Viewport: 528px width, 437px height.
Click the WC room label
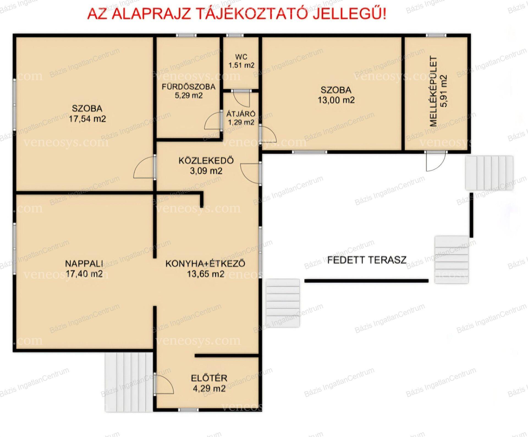pyautogui.click(x=241, y=57)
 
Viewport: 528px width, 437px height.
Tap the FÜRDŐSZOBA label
pyautogui.click(x=188, y=87)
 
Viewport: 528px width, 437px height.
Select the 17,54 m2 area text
pyautogui.click(x=87, y=119)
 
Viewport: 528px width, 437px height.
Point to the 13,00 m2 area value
pyautogui.click(x=336, y=100)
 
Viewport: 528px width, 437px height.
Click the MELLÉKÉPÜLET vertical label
pyautogui.click(x=433, y=91)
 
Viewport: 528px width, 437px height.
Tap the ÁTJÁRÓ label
pyautogui.click(x=241, y=114)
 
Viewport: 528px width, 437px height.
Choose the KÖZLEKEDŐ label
pyautogui.click(x=206, y=160)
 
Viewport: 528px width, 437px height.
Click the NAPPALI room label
pyautogui.click(x=84, y=263)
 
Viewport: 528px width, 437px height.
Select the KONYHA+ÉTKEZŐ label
pyautogui.click(x=205, y=263)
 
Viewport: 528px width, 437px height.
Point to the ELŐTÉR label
pyautogui.click(x=209, y=378)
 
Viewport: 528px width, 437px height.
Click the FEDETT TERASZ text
pyautogui.click(x=367, y=260)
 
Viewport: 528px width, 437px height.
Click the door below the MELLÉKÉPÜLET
pyautogui.click(x=436, y=161)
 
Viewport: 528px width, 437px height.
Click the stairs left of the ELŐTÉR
pyautogui.click(x=129, y=382)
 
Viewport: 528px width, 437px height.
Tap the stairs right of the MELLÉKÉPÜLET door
pyautogui.click(x=489, y=173)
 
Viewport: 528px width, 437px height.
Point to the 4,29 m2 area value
pyautogui.click(x=209, y=389)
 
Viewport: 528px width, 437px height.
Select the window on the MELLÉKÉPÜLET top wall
pyautogui.click(x=436, y=35)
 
